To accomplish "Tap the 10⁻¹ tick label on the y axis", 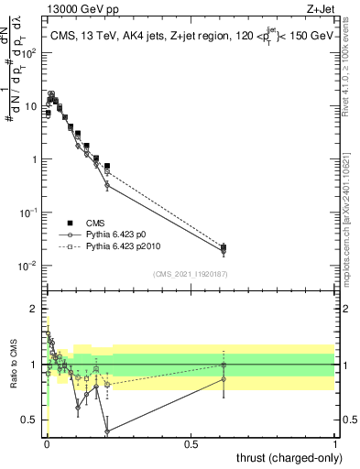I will click(x=29, y=213).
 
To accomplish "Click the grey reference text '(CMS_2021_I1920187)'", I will click(x=190, y=274).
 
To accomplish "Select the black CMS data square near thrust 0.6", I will click(x=224, y=247).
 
